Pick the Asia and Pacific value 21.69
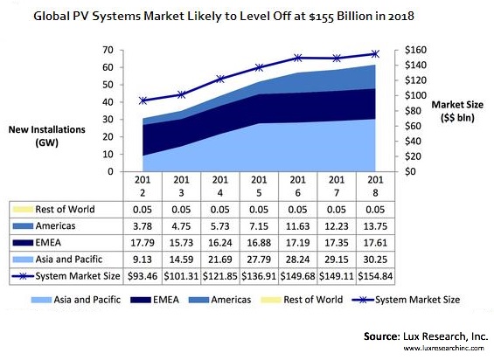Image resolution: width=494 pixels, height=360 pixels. (x=220, y=260)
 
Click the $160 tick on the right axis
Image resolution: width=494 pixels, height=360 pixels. (x=416, y=50)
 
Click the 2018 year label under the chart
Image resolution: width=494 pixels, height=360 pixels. (x=374, y=186)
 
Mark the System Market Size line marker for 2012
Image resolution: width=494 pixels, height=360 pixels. (x=143, y=100)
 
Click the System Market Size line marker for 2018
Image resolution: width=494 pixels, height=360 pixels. (x=375, y=54)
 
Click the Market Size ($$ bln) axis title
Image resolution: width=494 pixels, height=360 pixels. (x=456, y=110)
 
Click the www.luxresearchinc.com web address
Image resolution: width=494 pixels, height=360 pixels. (x=444, y=348)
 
